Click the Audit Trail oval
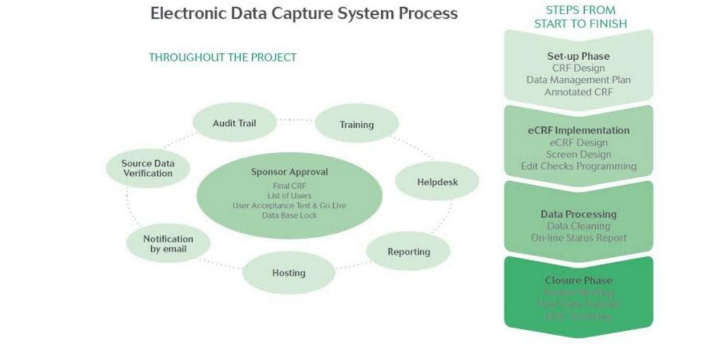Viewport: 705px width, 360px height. coord(234,123)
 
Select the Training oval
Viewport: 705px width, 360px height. coord(356,125)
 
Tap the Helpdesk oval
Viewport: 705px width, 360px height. coord(437,182)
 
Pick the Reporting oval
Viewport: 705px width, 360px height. coord(408,251)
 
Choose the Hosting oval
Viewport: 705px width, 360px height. coord(289,273)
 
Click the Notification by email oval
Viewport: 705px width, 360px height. coord(168,244)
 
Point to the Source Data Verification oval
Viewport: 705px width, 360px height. coord(148,168)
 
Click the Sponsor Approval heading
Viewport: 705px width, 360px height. coord(289,172)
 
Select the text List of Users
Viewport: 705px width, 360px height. coord(289,196)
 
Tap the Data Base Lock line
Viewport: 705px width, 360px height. coord(289,215)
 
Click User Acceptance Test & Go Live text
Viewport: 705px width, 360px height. coord(289,205)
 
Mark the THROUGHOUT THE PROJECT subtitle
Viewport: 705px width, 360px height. coord(223,57)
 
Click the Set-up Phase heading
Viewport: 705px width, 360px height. coord(578,56)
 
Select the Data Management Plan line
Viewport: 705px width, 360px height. coord(578,80)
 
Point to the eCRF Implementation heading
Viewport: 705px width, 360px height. coord(578,130)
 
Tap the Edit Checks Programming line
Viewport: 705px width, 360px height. coord(578,166)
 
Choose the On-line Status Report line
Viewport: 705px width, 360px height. coord(578,238)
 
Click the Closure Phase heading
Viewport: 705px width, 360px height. coord(578,280)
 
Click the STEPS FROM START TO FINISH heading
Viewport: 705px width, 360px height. coord(580,17)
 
